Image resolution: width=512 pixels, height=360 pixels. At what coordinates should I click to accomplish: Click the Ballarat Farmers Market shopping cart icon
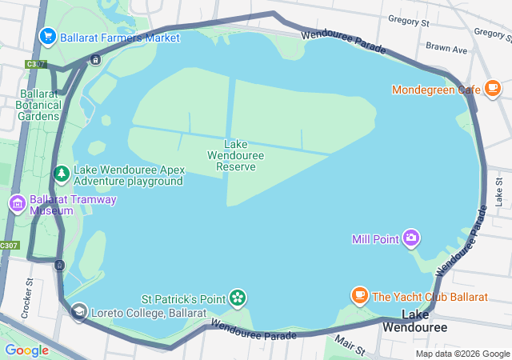point(47,37)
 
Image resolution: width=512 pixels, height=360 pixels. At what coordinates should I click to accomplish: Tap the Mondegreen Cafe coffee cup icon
point(492,89)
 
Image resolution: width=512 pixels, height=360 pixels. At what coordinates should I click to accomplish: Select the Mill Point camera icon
point(411,238)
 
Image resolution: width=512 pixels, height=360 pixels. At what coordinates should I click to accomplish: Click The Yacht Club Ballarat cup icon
point(360,296)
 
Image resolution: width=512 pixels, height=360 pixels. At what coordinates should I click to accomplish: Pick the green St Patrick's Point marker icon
point(238,298)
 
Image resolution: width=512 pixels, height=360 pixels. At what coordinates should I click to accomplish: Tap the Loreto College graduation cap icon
point(78,312)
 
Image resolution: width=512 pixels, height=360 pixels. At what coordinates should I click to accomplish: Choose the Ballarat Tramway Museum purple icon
point(17,205)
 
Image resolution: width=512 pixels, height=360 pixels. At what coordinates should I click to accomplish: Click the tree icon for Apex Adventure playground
point(62,174)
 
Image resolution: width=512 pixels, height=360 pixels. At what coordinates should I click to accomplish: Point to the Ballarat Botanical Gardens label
point(39,104)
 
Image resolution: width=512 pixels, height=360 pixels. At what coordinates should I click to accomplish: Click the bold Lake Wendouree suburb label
point(414,321)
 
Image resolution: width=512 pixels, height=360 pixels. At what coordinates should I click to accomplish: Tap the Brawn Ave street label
point(446,49)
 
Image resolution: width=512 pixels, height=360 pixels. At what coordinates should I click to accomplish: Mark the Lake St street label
point(498,191)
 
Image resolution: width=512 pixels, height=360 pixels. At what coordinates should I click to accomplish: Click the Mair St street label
point(349,346)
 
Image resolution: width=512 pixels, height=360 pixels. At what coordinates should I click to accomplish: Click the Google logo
point(26,350)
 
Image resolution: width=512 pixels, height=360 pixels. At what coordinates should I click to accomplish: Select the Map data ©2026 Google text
point(462,354)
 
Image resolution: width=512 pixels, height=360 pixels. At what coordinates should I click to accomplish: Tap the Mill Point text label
point(375,238)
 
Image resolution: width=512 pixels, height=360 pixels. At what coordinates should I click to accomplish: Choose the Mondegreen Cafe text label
point(436,89)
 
